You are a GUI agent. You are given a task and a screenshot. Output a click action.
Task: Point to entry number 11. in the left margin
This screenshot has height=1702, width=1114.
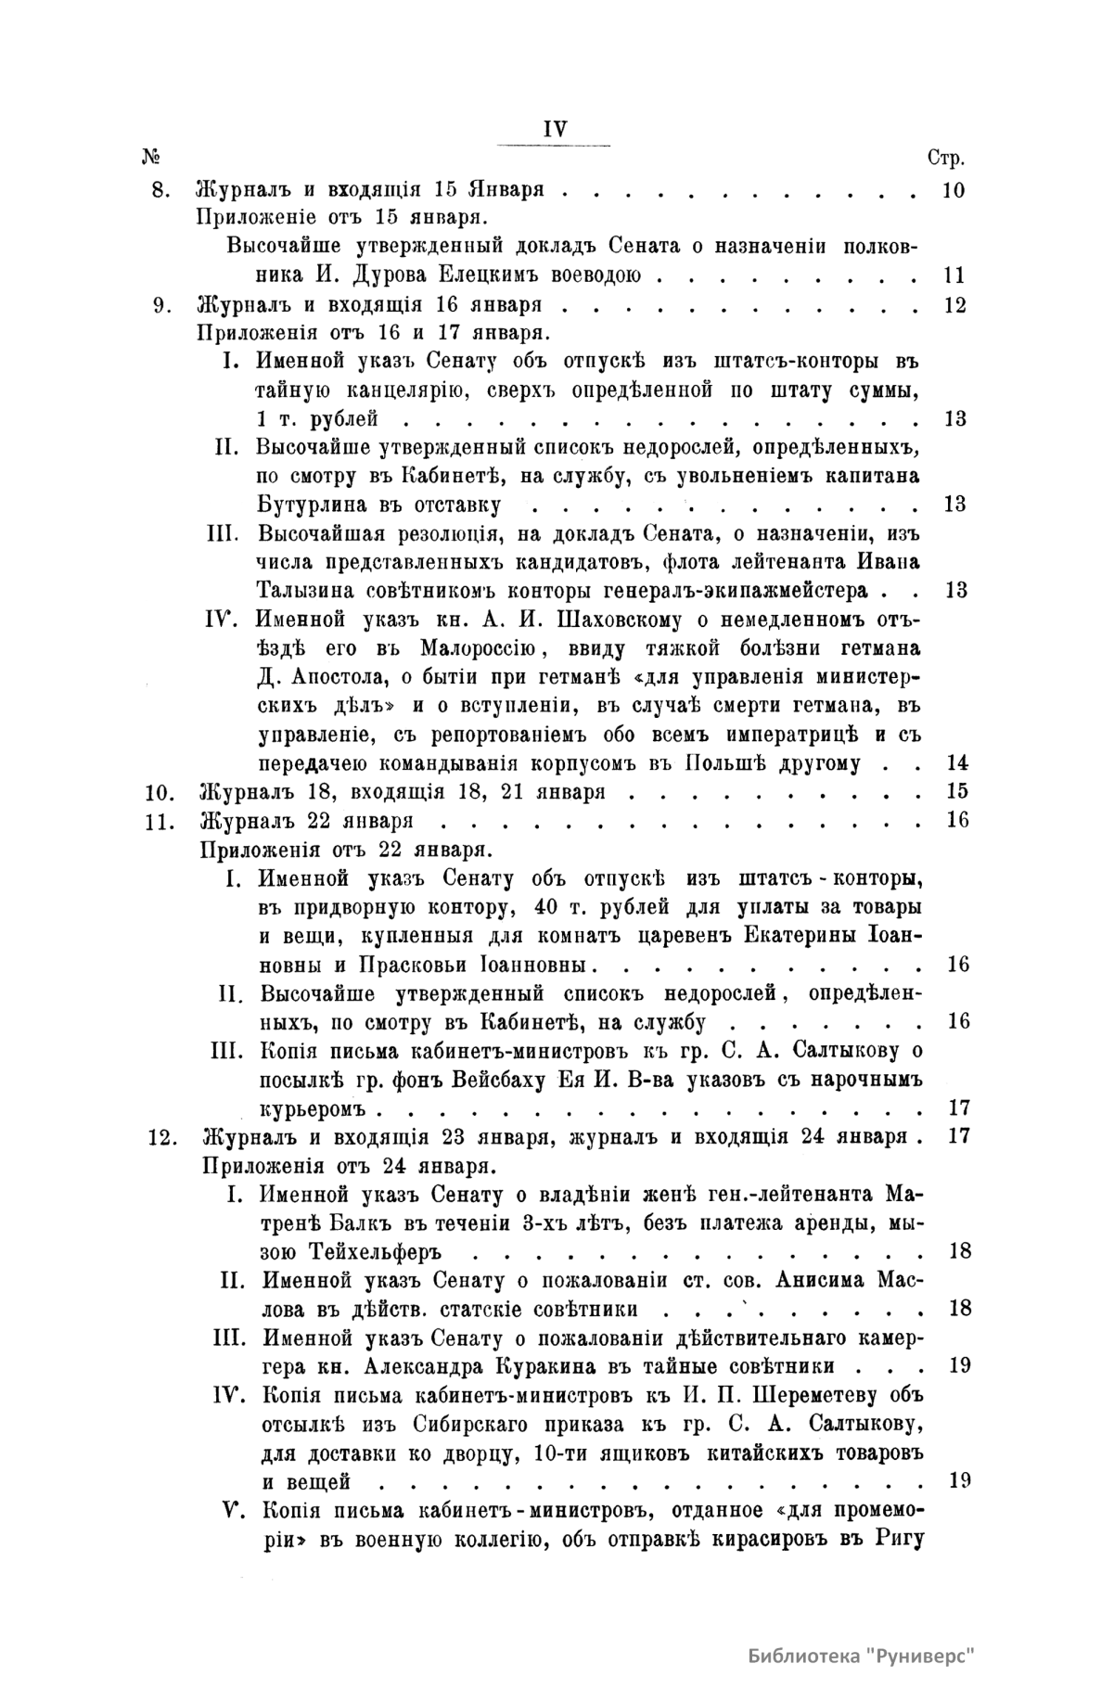[161, 820]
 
